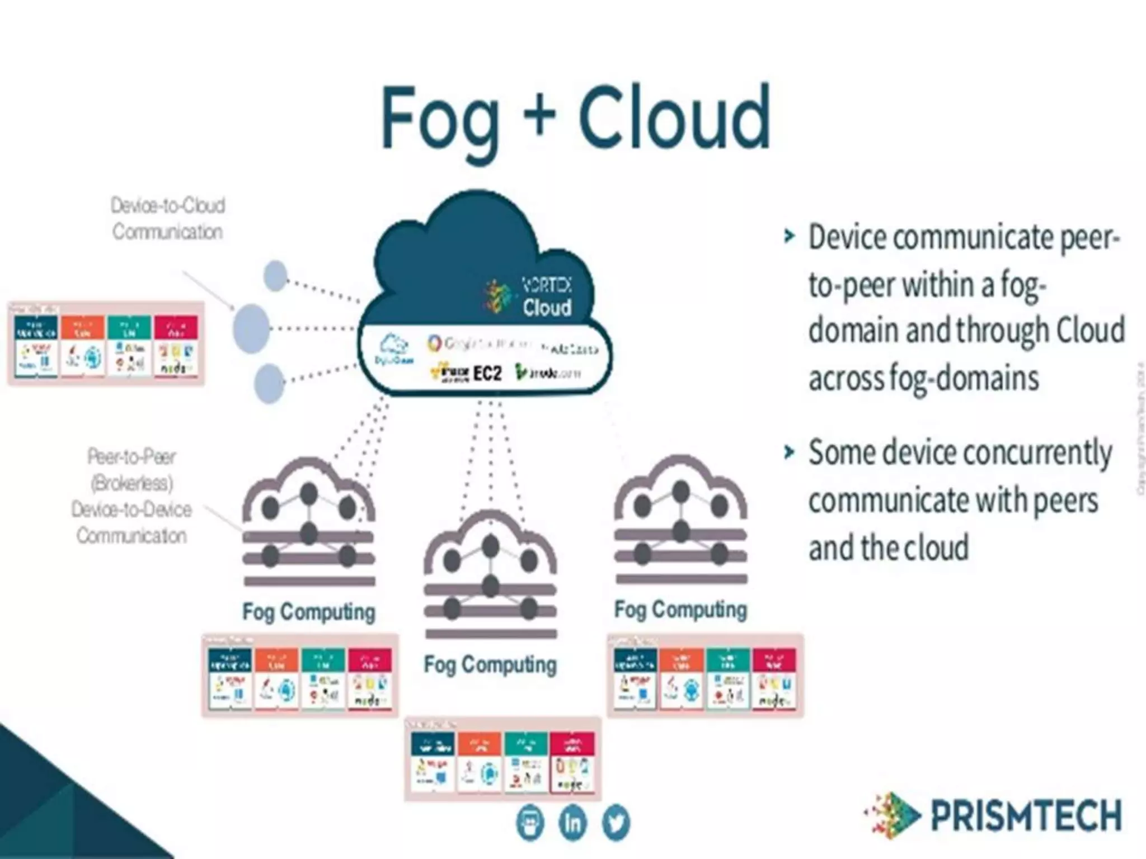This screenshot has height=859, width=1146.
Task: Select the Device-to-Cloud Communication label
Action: click(x=168, y=219)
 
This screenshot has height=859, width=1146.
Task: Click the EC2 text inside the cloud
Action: click(x=487, y=373)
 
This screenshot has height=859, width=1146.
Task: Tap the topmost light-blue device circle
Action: click(x=275, y=275)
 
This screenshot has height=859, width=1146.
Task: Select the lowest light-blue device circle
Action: click(x=269, y=383)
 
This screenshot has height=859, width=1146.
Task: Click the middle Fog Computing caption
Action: click(x=490, y=665)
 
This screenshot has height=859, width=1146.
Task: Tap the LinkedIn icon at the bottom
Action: click(x=572, y=823)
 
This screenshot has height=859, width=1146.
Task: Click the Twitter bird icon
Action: click(x=616, y=823)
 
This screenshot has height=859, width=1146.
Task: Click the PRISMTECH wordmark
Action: click(x=1026, y=815)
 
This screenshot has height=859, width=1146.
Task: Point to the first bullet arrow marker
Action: click(x=789, y=237)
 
